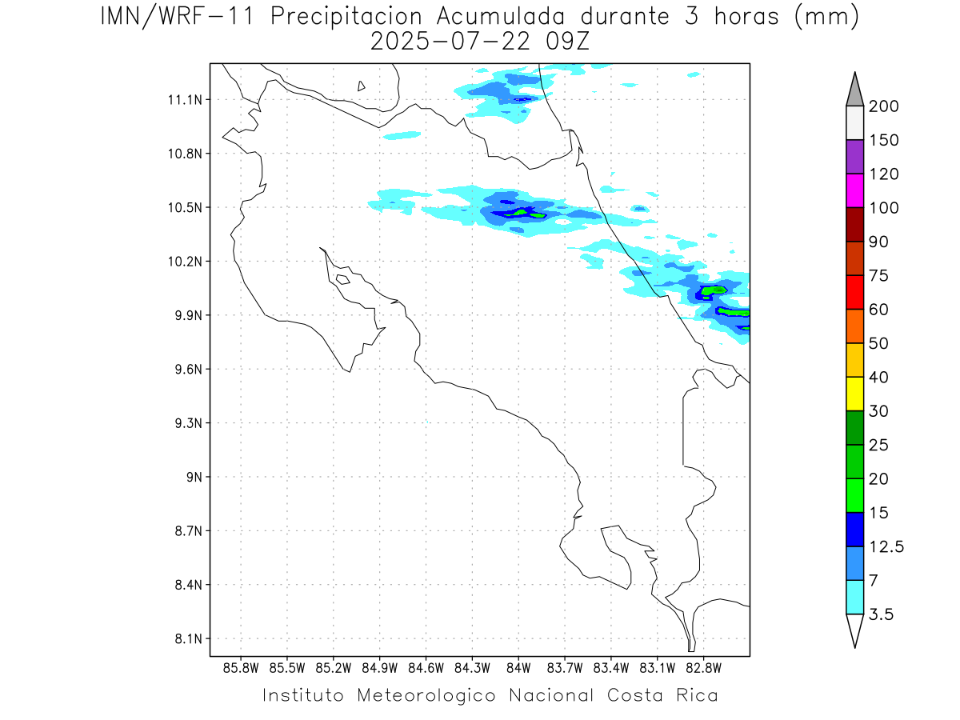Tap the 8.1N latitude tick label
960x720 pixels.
(187, 639)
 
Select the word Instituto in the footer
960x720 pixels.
(304, 694)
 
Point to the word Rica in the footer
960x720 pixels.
(696, 694)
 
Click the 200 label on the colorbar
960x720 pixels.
(884, 106)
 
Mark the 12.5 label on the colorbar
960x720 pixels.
(886, 546)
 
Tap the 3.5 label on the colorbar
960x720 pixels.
(881, 614)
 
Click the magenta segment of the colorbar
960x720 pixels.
(854, 190)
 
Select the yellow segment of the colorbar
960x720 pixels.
(854, 394)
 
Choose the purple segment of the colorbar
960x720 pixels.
(854, 157)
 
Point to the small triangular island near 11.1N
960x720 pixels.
(362, 86)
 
